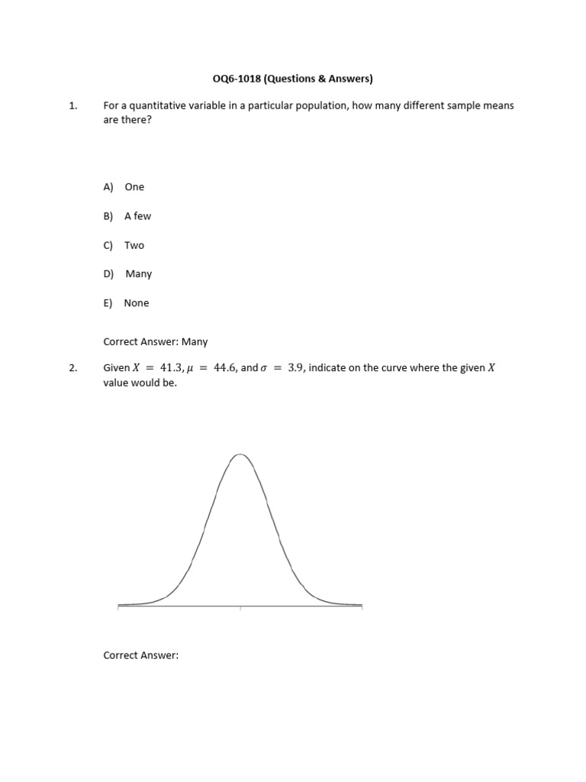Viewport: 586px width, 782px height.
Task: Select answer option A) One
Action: (x=124, y=187)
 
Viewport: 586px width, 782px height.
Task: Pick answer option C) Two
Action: (x=124, y=245)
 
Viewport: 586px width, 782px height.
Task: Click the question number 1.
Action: (x=72, y=106)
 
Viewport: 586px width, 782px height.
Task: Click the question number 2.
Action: (x=72, y=368)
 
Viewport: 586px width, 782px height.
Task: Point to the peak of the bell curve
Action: (x=240, y=454)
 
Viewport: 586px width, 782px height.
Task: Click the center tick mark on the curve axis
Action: (x=240, y=608)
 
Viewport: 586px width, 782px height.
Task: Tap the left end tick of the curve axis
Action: (x=118, y=608)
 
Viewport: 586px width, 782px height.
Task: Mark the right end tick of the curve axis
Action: (x=362, y=608)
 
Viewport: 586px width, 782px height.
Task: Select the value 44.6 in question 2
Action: (x=227, y=368)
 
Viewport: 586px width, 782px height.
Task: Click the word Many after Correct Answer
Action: (x=195, y=342)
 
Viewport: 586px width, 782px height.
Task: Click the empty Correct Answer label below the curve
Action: (x=140, y=655)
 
